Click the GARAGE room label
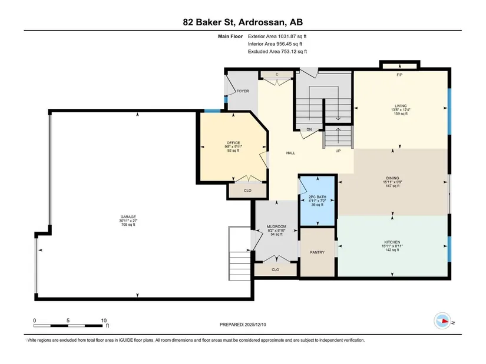[x=128, y=217]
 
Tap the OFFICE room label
[x=233, y=143]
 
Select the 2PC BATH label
[x=318, y=197]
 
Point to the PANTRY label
[x=317, y=252]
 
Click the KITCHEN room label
[x=392, y=242]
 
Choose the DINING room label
[x=392, y=178]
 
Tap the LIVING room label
[x=401, y=106]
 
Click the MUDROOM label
[x=276, y=226]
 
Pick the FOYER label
[x=243, y=91]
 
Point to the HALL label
[x=290, y=153]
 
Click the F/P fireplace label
[x=399, y=75]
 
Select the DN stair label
[x=309, y=129]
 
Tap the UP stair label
[x=338, y=151]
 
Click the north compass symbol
[x=442, y=321]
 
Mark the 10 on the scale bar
[x=104, y=320]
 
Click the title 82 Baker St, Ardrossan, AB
[x=243, y=22]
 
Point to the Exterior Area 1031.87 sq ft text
[x=277, y=36]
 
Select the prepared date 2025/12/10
[x=256, y=325]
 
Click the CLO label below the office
[x=247, y=191]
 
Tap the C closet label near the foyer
[x=277, y=74]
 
